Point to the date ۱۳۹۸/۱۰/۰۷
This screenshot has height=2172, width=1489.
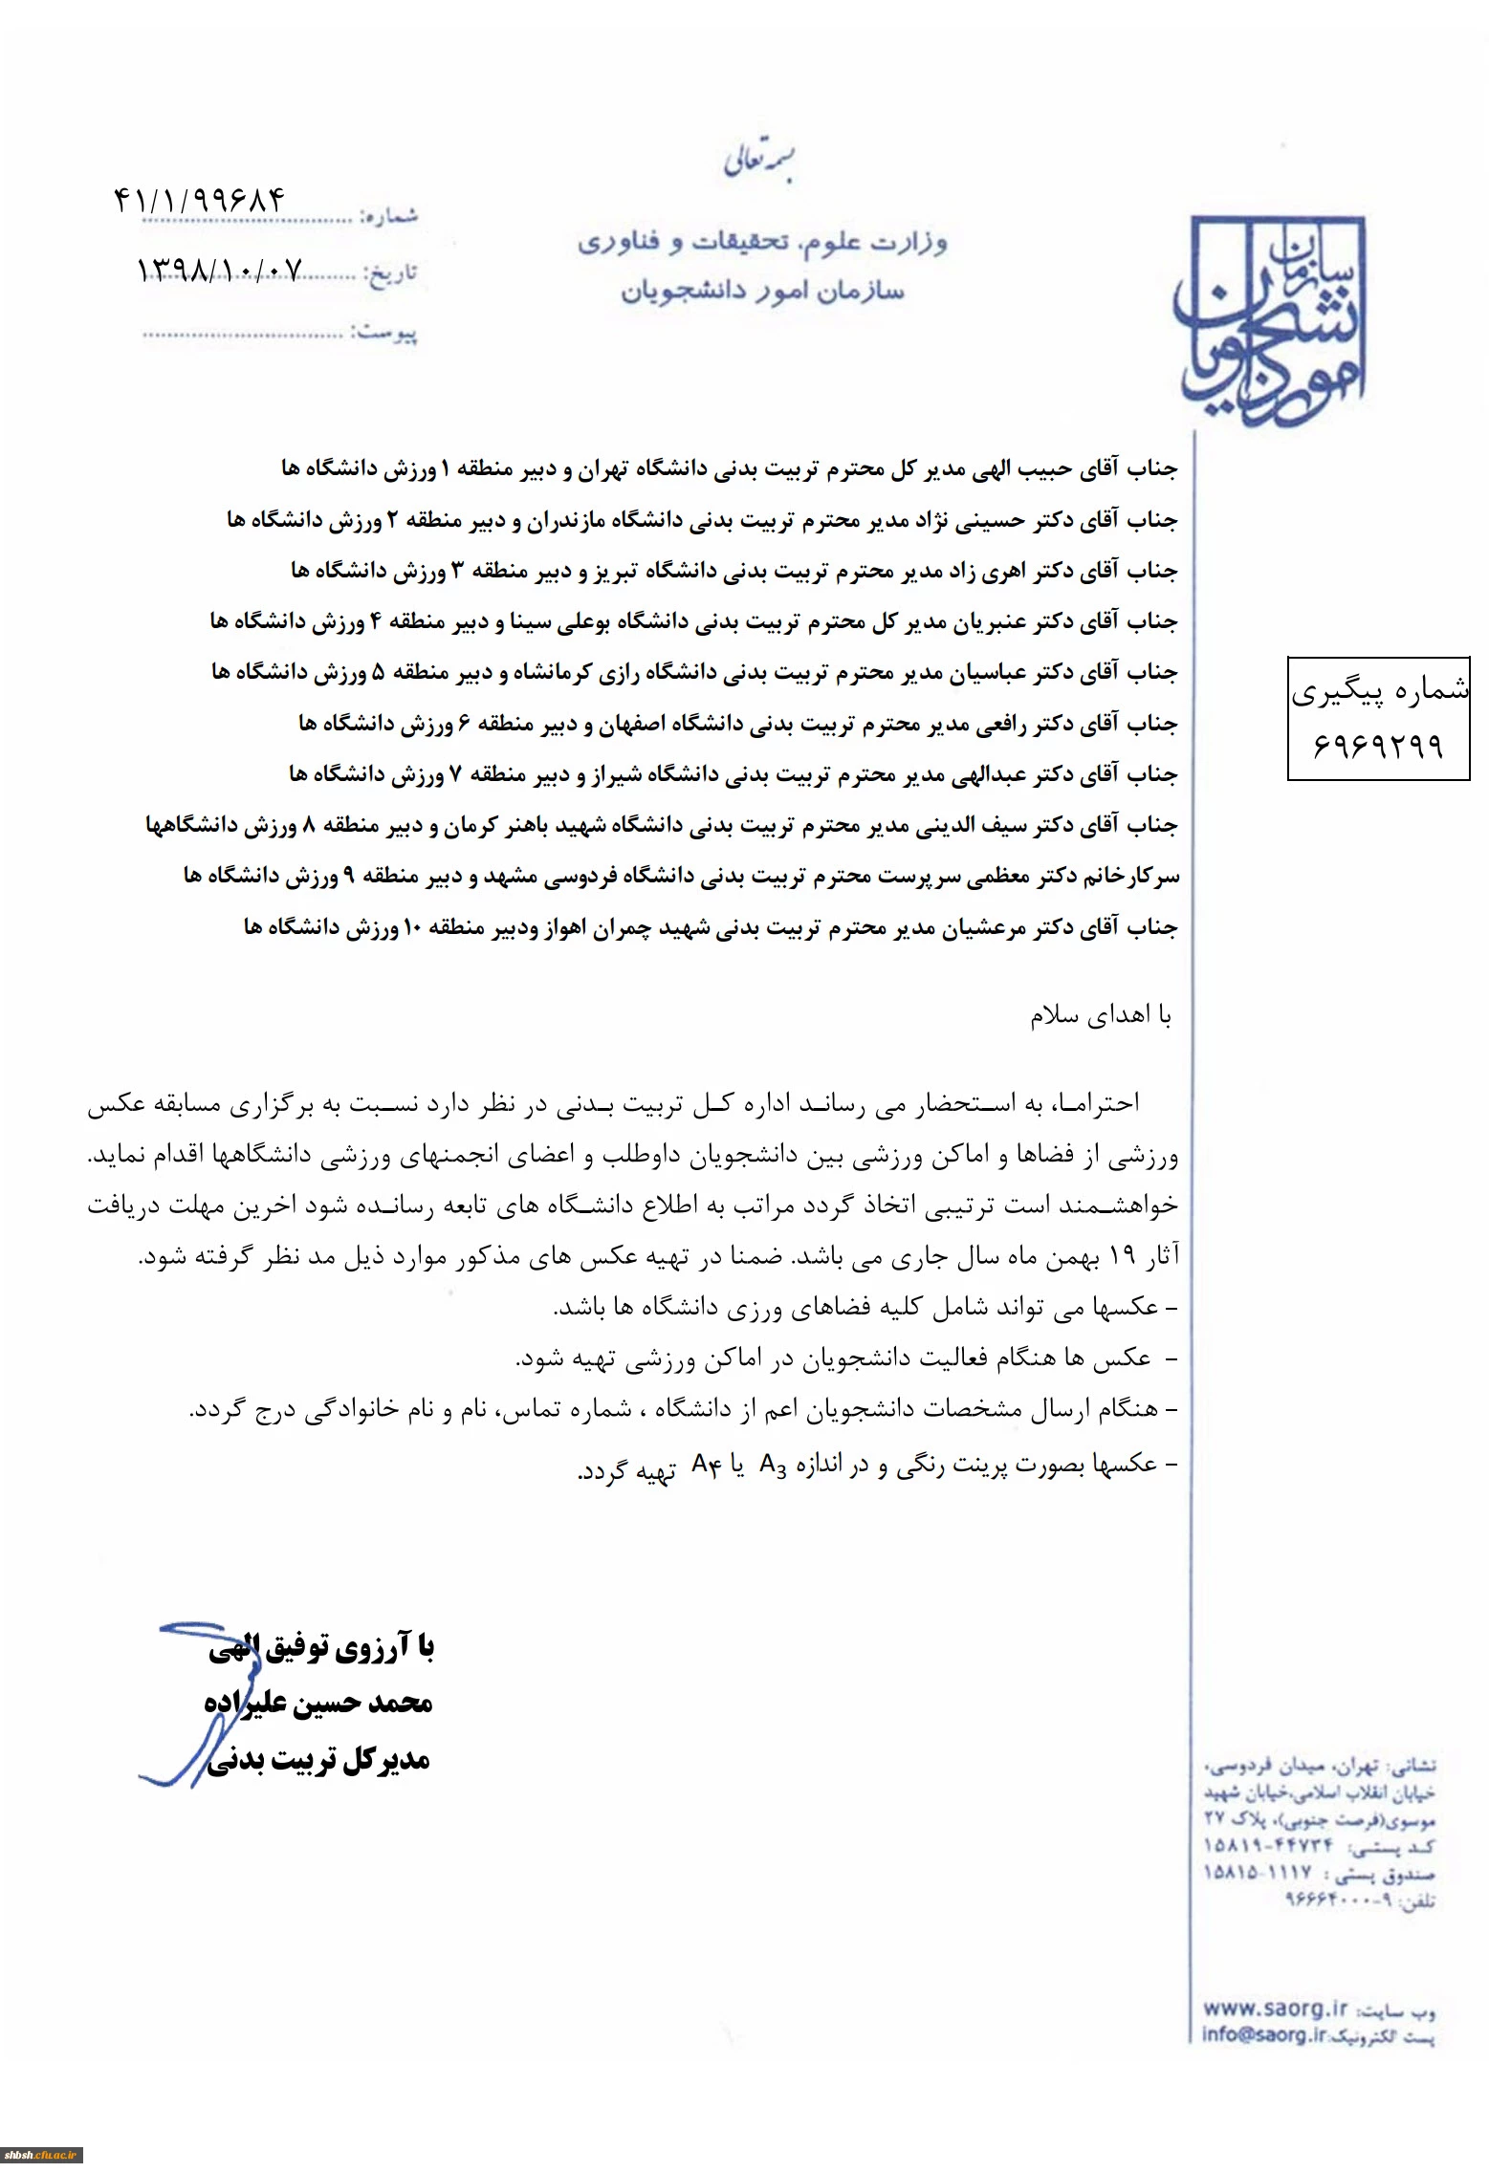coord(220,271)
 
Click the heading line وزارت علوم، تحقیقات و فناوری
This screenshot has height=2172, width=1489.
coord(761,243)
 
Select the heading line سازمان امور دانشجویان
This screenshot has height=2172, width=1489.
coord(762,290)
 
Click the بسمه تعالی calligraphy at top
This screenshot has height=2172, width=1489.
coord(759,163)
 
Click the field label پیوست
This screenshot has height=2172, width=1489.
coord(384,333)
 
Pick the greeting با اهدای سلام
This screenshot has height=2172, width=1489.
coord(1100,1015)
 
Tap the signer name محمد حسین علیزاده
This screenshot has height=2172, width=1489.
coord(318,1703)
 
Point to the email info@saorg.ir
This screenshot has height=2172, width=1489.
coord(1264,2034)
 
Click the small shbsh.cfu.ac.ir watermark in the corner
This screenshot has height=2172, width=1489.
coord(40,2156)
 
